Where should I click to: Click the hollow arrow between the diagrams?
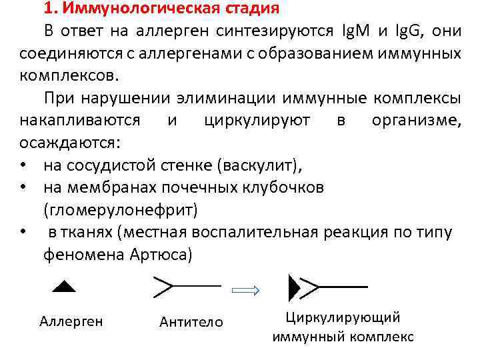pyautogui.click(x=248, y=290)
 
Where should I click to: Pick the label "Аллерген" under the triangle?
pyautogui.click(x=71, y=321)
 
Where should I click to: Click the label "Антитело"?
pyautogui.click(x=191, y=323)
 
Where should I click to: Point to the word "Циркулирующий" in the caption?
pyautogui.click(x=343, y=317)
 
